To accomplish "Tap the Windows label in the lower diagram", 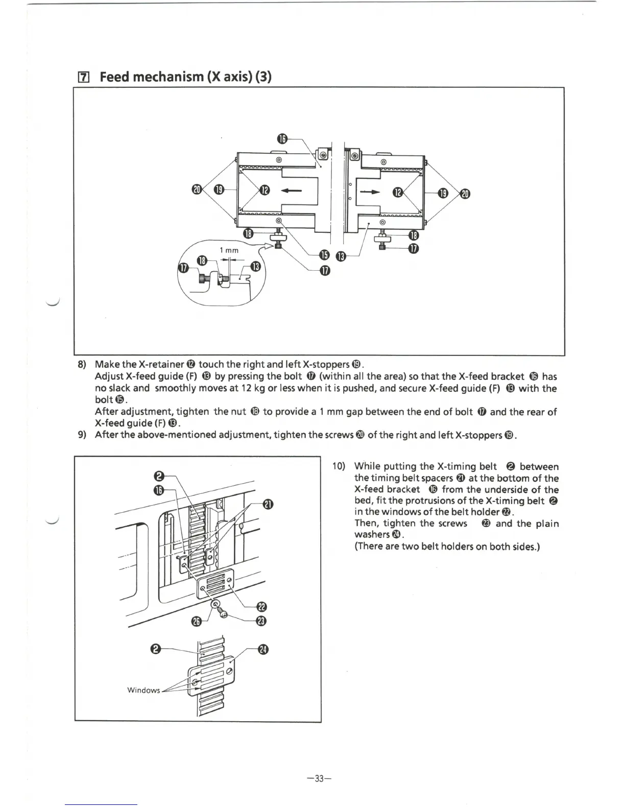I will (143, 690).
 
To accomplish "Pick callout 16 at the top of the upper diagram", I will (283, 139).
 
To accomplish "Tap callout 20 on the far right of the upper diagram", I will (465, 193).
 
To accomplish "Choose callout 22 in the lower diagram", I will (262, 607).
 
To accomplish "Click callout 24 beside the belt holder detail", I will (262, 650).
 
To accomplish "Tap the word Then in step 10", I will (366, 523).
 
